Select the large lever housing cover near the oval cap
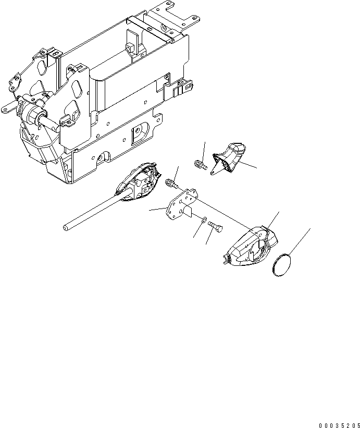coord(250,244)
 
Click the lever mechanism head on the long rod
coord(140,180)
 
